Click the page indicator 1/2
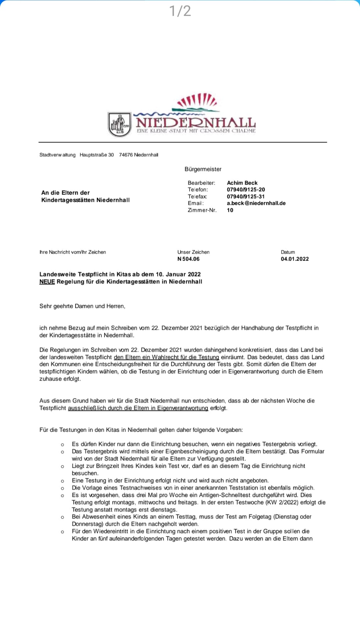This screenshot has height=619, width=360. click(180, 11)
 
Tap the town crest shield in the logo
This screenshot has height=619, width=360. click(119, 124)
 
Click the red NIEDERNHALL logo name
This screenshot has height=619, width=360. click(196, 122)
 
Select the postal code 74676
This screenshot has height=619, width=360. click(126, 155)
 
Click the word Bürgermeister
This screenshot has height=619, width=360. click(203, 169)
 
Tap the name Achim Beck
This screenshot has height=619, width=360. click(242, 183)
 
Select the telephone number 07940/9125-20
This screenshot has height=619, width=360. click(246, 189)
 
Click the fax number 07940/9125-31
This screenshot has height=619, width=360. click(246, 196)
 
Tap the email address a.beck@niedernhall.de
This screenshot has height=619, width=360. click(256, 203)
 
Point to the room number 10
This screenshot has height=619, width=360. click(230, 210)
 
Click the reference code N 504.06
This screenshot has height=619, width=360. click(188, 259)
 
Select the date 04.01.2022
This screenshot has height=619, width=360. click(295, 259)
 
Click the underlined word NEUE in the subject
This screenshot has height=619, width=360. click(47, 281)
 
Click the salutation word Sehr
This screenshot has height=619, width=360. click(46, 306)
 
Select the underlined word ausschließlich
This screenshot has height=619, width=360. click(87, 408)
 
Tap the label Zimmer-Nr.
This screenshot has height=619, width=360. click(202, 210)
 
